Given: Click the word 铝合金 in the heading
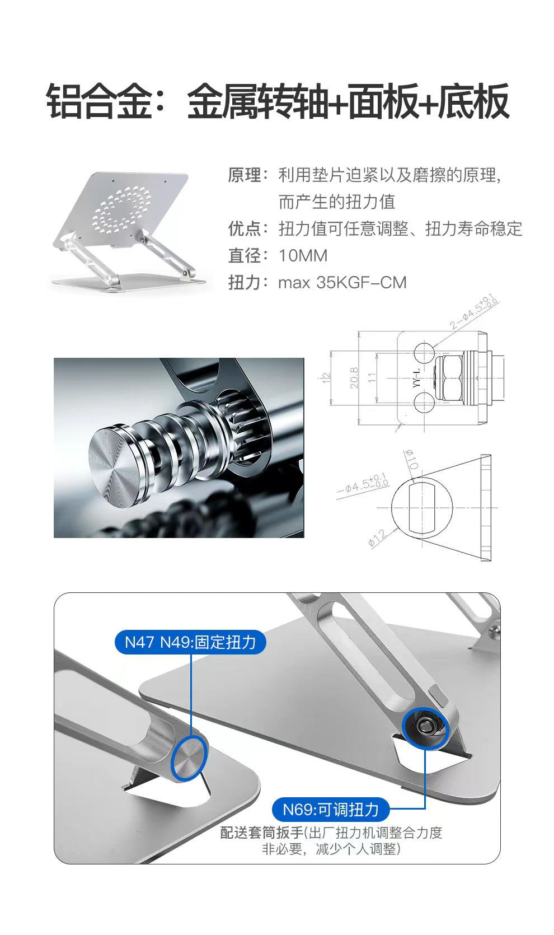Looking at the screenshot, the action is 99,101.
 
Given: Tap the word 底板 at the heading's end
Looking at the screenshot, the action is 473,101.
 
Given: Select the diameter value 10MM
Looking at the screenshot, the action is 303,255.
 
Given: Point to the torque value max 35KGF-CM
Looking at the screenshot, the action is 342,283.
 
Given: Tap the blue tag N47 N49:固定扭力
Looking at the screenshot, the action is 190,642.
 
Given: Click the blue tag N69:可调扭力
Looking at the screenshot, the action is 330,810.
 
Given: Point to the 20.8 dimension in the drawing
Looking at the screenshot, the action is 354,378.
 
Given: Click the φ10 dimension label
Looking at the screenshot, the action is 411,459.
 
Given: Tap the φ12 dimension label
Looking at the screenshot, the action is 378,537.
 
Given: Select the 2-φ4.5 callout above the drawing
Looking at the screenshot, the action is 474,311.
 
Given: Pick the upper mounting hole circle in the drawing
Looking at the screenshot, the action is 424,352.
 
